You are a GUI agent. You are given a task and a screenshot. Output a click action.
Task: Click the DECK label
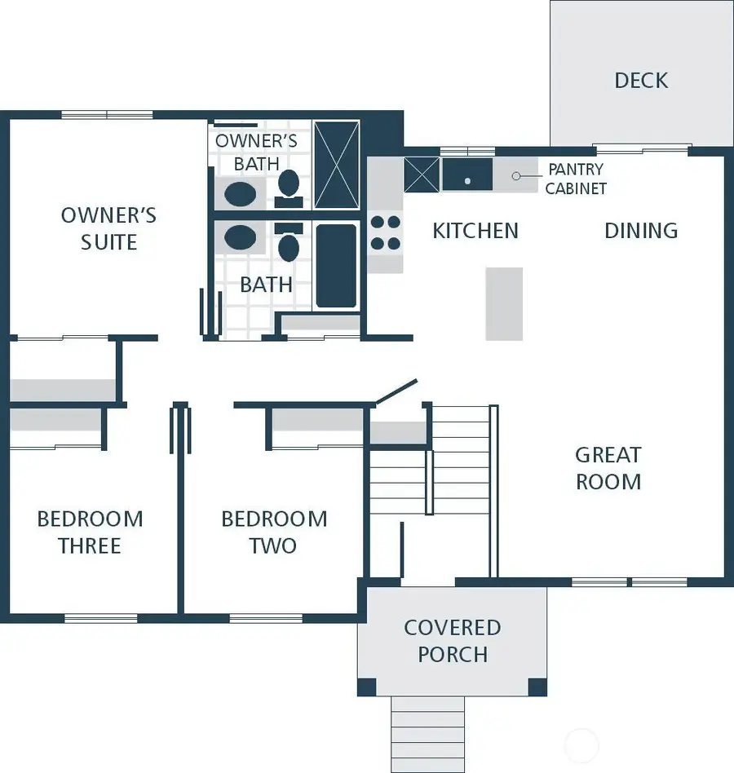coord(641,80)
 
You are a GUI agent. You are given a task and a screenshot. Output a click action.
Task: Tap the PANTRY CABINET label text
coord(576,179)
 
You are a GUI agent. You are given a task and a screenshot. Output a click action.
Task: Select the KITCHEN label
coord(475,231)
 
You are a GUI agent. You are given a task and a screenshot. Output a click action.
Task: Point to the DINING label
coord(641,231)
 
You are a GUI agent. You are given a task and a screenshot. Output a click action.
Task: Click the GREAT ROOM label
coord(608,468)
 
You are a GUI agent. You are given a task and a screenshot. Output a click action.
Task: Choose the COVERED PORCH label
coord(452,641)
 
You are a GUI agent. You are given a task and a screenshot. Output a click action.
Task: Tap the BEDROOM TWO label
coord(274,532)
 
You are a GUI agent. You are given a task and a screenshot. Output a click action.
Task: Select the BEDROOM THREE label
coord(90,532)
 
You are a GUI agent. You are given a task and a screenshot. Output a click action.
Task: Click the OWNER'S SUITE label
coord(108,229)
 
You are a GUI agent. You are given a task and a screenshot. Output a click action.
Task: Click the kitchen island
coord(504,303)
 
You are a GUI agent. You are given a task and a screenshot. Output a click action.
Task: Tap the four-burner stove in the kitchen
coord(386,232)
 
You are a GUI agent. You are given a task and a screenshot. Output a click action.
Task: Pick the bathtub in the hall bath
coord(336,266)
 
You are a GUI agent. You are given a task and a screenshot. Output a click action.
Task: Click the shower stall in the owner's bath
coord(336,165)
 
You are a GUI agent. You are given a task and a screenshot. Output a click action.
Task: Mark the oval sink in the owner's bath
coord(240,194)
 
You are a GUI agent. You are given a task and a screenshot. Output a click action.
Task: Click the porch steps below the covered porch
coord(427,733)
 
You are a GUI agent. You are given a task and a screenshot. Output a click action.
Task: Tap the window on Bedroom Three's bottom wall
coord(101,618)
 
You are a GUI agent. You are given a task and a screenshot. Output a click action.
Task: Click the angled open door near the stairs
coord(396,391)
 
